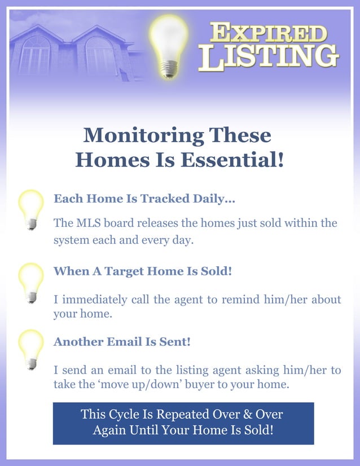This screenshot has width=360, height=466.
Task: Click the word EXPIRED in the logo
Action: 268,32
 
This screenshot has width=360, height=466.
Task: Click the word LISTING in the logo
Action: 268,56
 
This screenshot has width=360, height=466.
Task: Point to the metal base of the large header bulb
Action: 168,69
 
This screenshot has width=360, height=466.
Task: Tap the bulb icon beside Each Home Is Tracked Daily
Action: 31,208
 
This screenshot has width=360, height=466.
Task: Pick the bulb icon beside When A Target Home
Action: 31,281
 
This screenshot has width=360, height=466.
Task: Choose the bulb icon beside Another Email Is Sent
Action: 31,348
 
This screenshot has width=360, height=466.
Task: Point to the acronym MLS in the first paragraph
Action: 88,223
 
